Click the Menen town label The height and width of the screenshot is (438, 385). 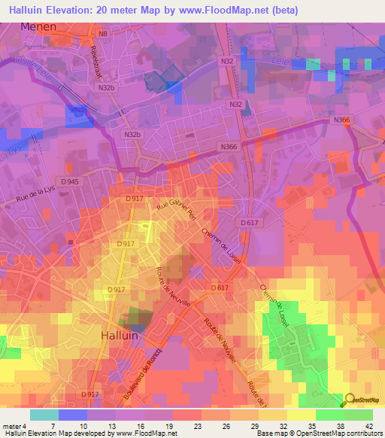(39, 26)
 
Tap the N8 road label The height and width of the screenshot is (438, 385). (93, 35)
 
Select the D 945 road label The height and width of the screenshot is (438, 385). (69, 182)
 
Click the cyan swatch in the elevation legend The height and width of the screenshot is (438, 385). (44, 415)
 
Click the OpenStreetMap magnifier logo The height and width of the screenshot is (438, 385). (349, 400)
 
